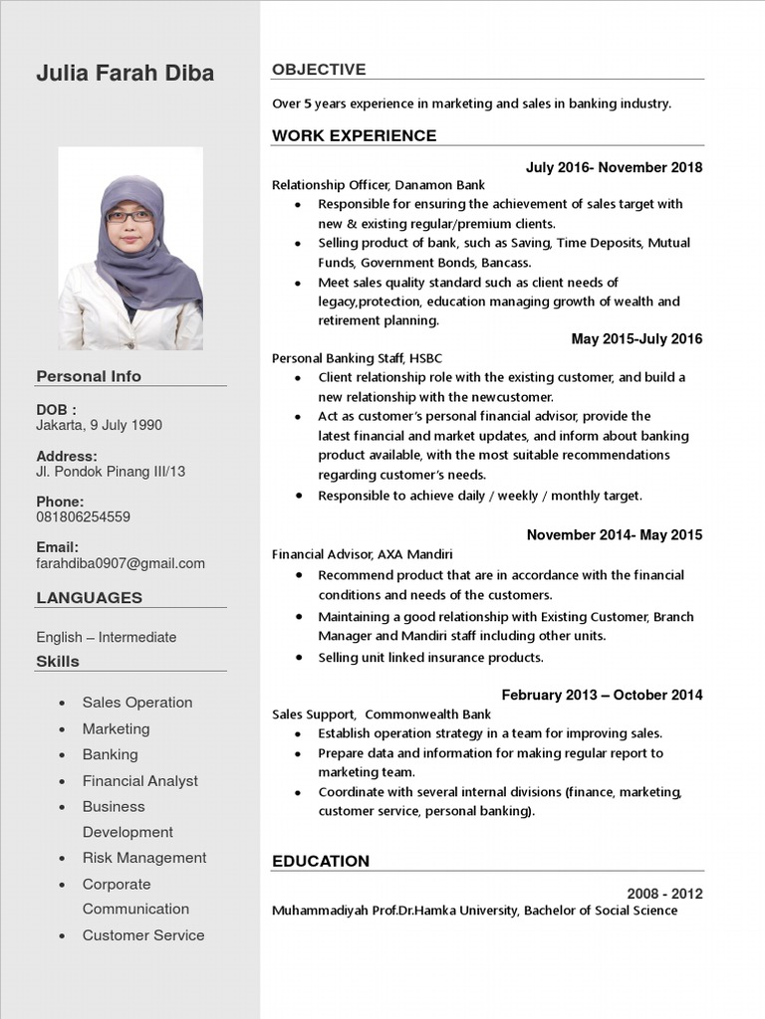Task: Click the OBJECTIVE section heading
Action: (x=319, y=70)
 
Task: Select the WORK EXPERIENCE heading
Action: (x=354, y=136)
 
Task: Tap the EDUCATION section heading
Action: (x=321, y=861)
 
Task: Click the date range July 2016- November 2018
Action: (x=614, y=167)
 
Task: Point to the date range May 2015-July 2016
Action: (x=637, y=339)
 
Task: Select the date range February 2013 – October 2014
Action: (x=602, y=695)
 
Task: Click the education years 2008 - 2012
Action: (x=664, y=893)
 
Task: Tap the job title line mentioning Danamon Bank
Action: (x=379, y=185)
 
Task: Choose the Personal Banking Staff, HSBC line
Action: (x=357, y=358)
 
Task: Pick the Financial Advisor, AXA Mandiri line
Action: (x=362, y=554)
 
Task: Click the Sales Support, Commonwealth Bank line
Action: (x=382, y=714)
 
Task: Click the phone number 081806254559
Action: (x=83, y=517)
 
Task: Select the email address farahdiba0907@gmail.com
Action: (x=121, y=563)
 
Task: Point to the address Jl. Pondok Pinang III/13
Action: (x=111, y=472)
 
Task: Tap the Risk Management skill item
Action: (x=144, y=858)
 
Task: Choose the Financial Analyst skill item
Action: (x=140, y=781)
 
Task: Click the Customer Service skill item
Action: (x=143, y=935)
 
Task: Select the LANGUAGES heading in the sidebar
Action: (x=90, y=598)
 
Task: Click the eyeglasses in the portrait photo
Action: (x=129, y=215)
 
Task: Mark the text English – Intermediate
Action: (x=107, y=637)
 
